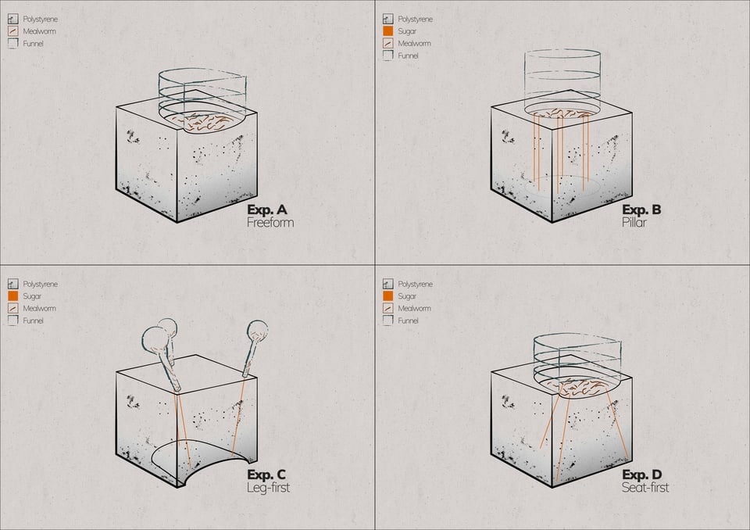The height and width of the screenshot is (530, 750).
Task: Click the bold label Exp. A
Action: point(267,209)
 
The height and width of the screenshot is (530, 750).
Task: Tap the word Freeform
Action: point(270,223)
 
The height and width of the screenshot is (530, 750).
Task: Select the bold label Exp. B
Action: point(641,209)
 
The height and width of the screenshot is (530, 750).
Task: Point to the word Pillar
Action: point(634,223)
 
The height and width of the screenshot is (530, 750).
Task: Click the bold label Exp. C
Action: point(266,474)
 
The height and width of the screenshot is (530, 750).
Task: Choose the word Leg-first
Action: point(268,488)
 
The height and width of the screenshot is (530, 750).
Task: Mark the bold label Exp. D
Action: point(642,474)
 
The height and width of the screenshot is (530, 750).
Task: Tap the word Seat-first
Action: point(645,488)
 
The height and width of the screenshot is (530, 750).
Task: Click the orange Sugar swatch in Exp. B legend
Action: point(387,31)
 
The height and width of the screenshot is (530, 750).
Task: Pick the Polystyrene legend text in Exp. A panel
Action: point(41,19)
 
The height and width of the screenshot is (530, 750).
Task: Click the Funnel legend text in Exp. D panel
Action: point(409,321)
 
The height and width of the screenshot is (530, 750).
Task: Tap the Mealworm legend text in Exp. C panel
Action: point(39,309)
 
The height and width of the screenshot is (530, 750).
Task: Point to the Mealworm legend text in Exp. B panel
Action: point(414,44)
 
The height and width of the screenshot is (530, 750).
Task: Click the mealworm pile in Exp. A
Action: point(207,120)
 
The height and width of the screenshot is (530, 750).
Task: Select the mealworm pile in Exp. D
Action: point(582,385)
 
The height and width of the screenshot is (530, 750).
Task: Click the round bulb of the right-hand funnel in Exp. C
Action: point(257,332)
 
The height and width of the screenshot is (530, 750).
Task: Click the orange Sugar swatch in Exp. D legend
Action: point(387,296)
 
